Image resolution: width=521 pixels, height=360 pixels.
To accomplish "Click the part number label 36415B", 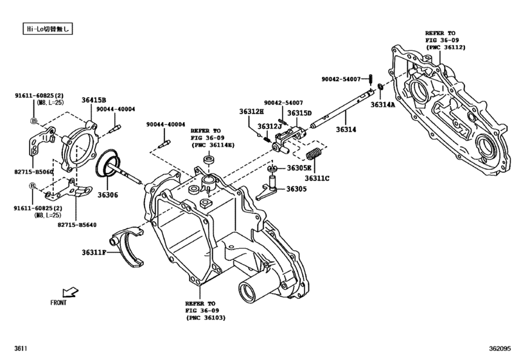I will [x=94, y=100].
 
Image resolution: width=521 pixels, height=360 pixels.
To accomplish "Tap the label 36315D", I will [x=299, y=113].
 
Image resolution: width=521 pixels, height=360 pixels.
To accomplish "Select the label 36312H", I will [x=252, y=113].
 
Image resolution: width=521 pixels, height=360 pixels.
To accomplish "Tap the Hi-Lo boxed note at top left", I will [x=46, y=29].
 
